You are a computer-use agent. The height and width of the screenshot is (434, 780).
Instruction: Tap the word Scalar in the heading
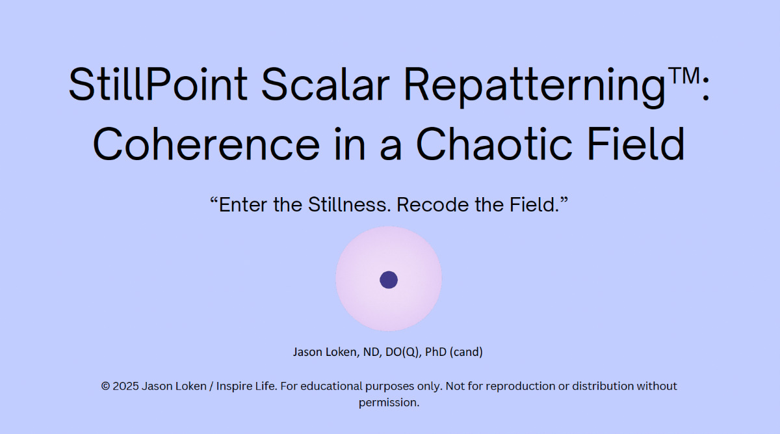(x=325, y=84)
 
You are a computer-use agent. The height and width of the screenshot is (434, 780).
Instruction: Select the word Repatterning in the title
(x=534, y=87)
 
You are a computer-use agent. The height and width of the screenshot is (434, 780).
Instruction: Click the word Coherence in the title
(x=206, y=144)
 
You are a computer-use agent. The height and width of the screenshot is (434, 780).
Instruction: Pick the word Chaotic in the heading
(x=495, y=144)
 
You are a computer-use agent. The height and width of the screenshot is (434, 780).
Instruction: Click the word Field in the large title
(x=636, y=144)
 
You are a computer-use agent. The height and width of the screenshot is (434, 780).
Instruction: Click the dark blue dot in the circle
(x=389, y=280)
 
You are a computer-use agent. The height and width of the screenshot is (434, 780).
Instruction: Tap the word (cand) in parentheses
(x=466, y=353)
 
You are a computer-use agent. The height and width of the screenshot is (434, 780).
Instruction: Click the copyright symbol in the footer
(x=105, y=387)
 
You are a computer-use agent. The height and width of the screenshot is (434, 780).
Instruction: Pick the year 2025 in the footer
(x=125, y=387)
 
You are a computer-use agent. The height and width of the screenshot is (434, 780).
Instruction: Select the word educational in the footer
(x=331, y=387)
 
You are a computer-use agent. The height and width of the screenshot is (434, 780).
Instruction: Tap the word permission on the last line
(x=388, y=403)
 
